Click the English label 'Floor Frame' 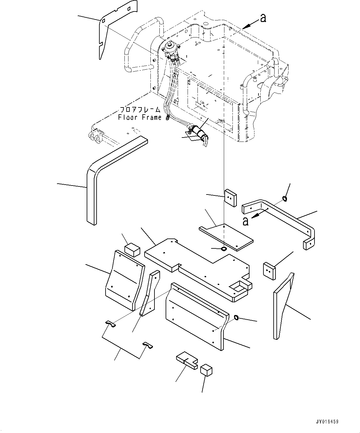140,117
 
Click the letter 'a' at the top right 263,18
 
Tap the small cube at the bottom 206,370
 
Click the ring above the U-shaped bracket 284,199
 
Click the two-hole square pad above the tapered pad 269,271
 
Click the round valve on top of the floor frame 169,47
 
